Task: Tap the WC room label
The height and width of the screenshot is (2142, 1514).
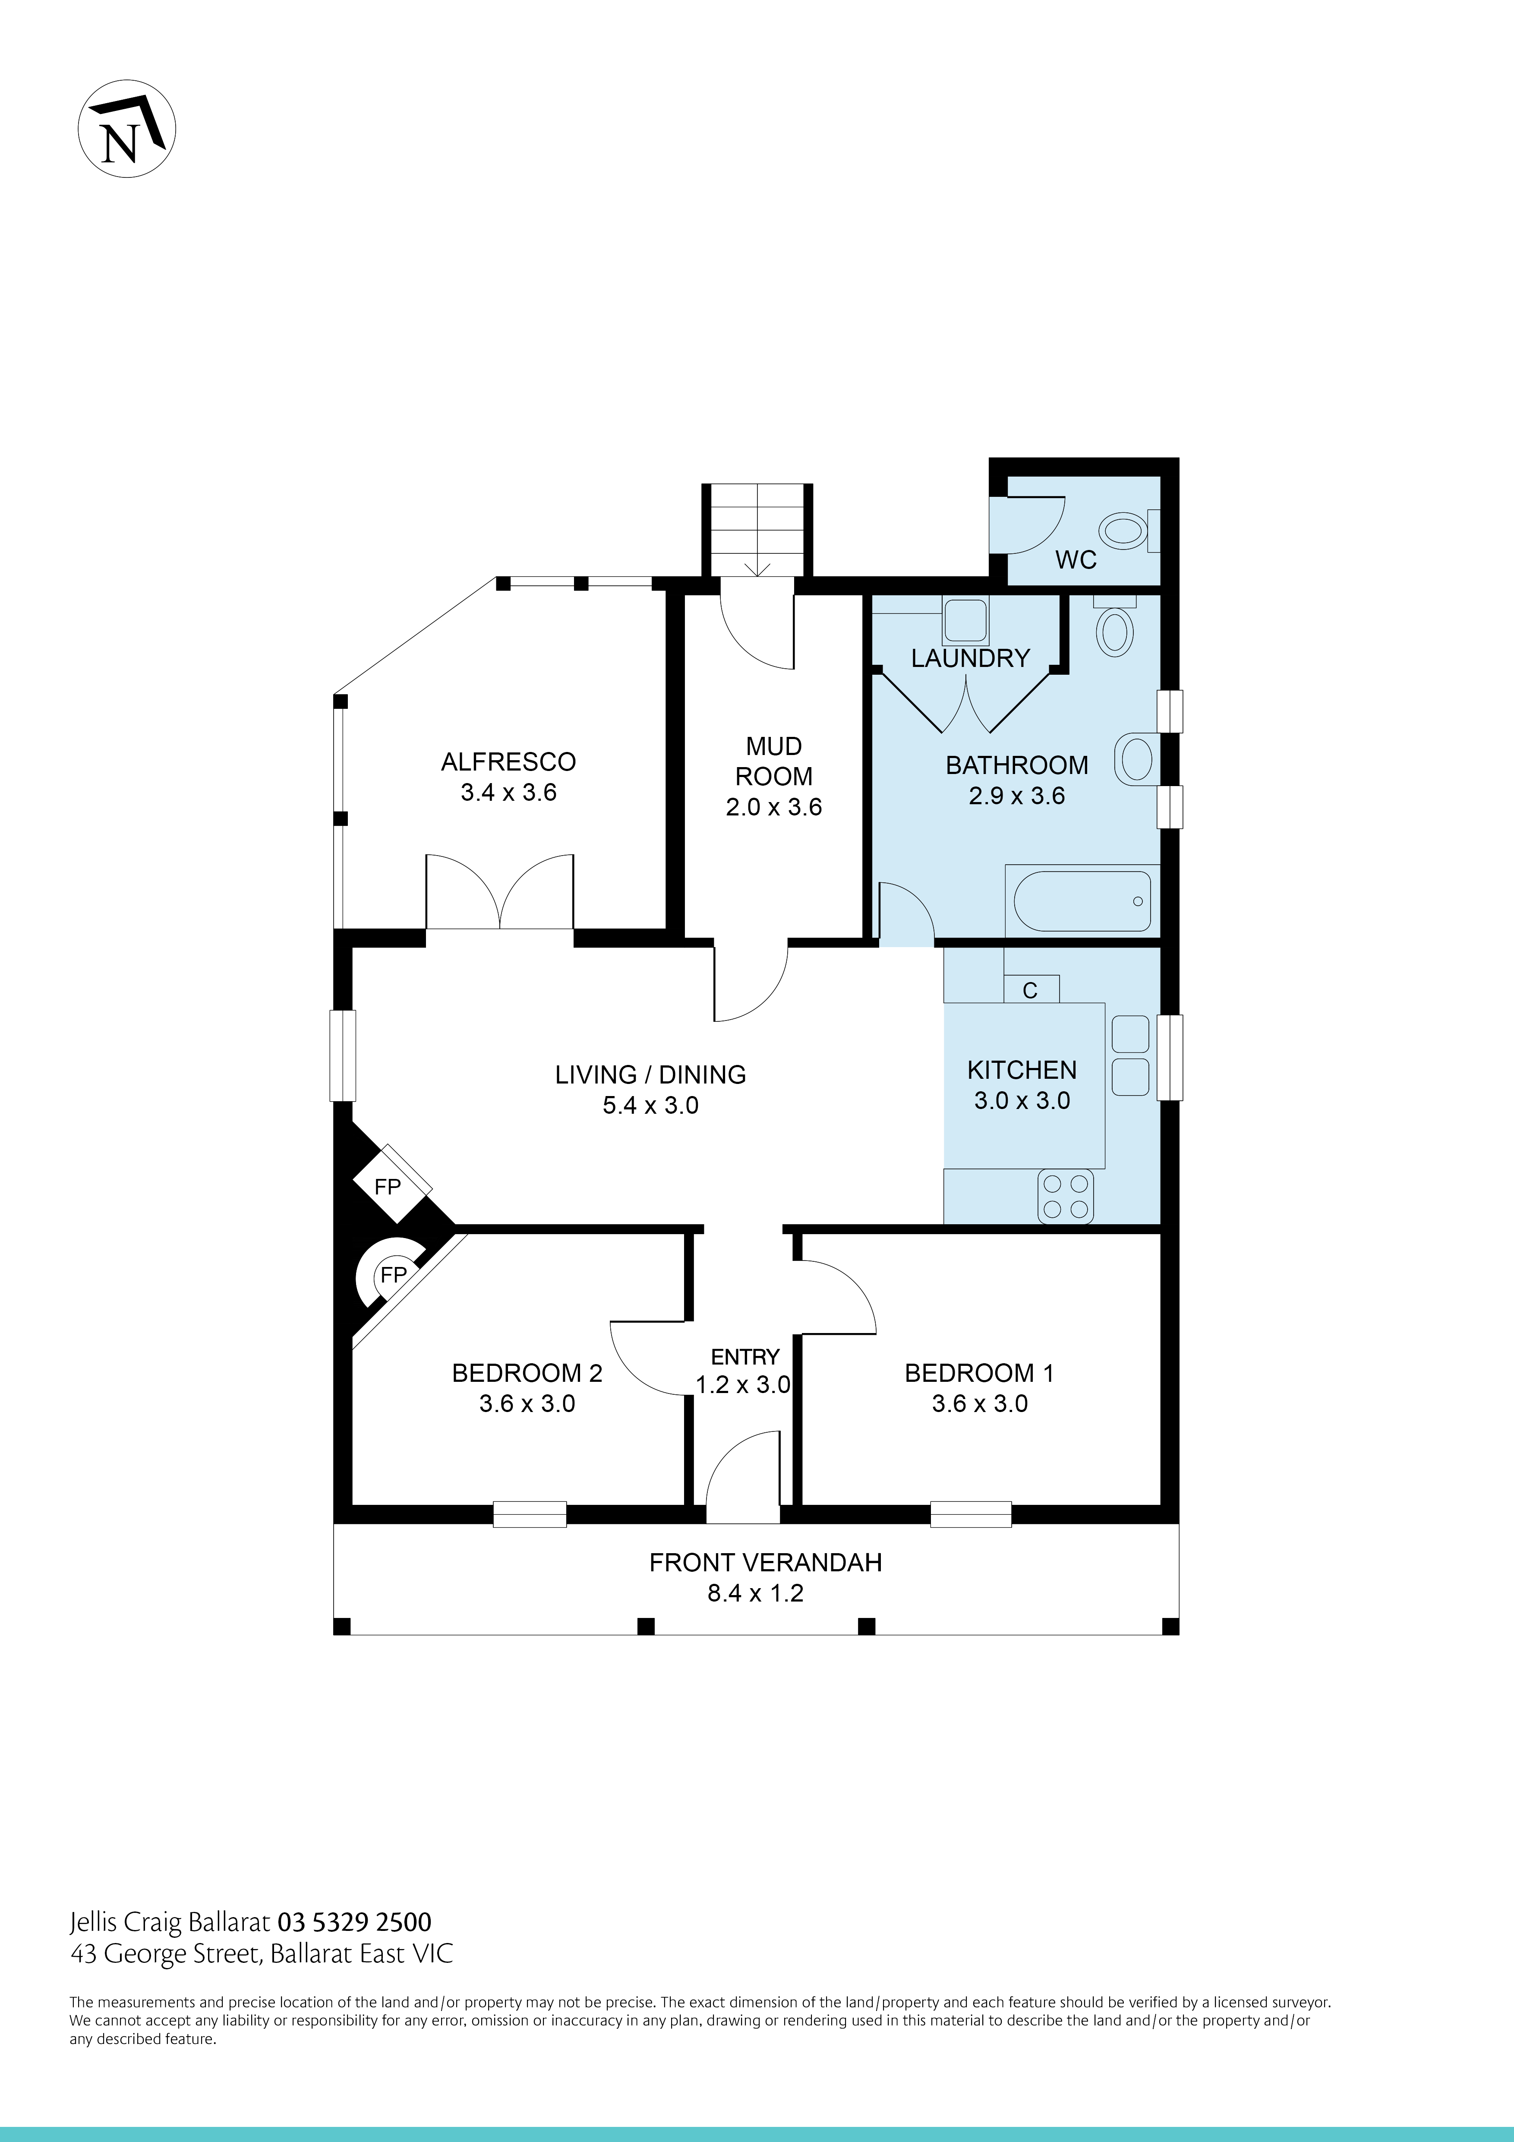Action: pos(1076,560)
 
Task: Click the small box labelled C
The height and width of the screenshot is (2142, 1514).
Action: pos(1030,990)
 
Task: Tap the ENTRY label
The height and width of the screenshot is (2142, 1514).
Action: pos(744,1356)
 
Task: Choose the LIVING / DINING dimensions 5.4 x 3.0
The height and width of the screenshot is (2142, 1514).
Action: pos(650,1106)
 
